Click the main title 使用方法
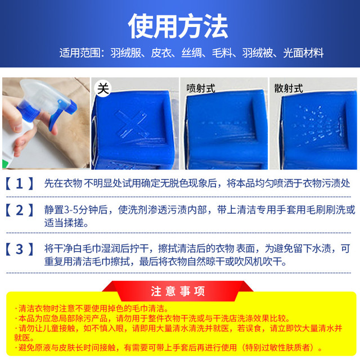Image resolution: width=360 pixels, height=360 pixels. [178, 26]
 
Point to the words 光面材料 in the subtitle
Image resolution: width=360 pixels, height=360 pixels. [303, 53]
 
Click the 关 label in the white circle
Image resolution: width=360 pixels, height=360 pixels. [103, 88]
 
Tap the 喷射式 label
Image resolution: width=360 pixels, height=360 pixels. [201, 88]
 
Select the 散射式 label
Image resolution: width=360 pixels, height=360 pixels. [289, 88]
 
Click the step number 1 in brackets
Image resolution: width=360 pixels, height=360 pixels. [20, 183]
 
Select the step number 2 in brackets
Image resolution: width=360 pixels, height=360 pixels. [20, 210]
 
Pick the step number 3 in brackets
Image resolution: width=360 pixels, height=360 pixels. [20, 249]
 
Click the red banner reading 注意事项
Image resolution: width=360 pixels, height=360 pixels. [178, 291]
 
